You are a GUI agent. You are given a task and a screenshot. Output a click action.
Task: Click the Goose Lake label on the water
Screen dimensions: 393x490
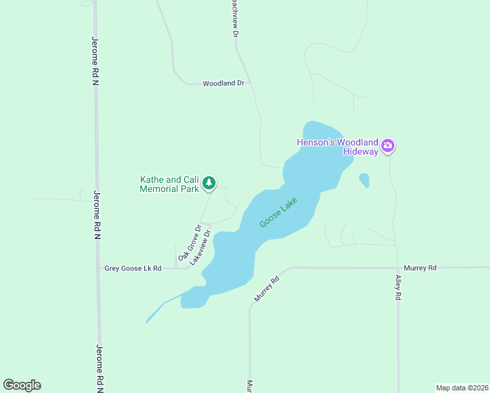coord(278,214)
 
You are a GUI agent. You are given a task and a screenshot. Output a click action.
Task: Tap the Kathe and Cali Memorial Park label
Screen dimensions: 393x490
coord(169,184)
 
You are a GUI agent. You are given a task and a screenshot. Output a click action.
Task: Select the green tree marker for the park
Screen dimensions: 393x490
coord(209,183)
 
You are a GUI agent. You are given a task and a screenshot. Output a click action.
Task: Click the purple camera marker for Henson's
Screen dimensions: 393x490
coord(388,145)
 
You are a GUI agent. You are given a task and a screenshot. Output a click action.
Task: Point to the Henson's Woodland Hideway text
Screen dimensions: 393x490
coord(338,147)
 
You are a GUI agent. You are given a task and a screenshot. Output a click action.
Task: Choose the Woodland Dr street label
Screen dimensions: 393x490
coord(223,84)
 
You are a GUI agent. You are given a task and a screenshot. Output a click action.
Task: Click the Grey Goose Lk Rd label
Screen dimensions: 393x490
coord(133,269)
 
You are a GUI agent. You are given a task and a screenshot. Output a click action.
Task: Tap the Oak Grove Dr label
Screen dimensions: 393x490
coord(189,242)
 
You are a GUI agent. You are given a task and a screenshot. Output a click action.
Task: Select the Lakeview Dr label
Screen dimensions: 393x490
coord(201,247)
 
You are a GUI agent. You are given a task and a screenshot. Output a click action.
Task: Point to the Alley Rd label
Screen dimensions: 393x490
coord(398,287)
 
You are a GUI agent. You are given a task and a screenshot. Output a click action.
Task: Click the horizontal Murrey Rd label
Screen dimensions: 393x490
coord(420,268)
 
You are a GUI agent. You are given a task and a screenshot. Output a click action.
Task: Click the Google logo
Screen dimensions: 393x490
coord(22,385)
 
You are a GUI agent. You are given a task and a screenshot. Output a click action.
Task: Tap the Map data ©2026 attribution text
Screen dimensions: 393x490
coord(462,388)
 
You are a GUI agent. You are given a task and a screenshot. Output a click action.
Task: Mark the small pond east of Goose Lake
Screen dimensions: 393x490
coord(364,179)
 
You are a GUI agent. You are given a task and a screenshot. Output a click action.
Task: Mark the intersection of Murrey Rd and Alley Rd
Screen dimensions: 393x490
coord(398,268)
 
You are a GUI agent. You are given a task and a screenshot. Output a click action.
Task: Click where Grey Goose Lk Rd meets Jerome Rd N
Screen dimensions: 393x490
coord(98,269)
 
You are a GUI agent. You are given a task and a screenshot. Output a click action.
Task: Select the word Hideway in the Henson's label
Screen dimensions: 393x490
coord(361,151)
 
